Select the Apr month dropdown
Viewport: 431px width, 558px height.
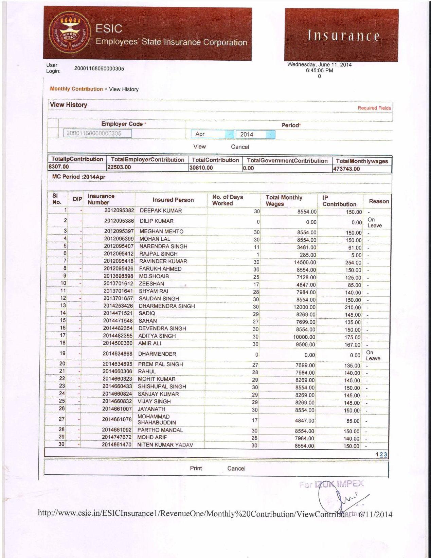pos(212,134)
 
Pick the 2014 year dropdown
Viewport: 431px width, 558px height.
pos(255,134)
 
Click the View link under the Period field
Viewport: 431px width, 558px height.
pos(199,146)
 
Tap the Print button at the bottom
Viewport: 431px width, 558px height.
pos(196,468)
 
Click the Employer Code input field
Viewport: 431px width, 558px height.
pos(97,133)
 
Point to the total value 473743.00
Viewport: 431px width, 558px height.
pos(346,169)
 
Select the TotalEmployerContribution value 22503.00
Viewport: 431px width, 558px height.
pos(119,167)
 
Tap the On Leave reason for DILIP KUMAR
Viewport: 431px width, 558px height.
pos(374,222)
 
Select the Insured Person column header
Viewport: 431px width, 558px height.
pos(173,200)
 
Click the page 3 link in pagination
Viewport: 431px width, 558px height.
pos(386,455)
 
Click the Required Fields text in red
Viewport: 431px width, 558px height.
pos(374,108)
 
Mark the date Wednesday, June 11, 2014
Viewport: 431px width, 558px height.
pos(319,65)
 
